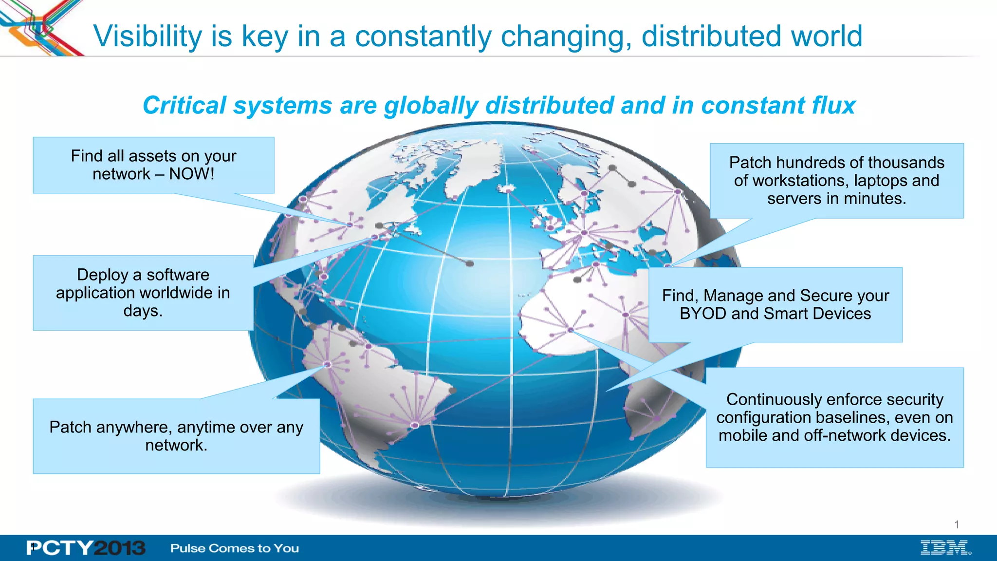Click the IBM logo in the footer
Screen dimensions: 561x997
(945, 548)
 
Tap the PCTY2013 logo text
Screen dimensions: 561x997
(86, 548)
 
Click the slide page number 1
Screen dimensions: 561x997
(957, 524)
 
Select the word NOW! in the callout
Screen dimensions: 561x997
(191, 174)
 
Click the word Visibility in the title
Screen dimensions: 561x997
(148, 37)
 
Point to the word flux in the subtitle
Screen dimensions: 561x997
(833, 105)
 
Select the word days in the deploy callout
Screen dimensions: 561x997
(141, 311)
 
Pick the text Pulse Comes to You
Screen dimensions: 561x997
(235, 548)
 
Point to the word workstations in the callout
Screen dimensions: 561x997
(799, 181)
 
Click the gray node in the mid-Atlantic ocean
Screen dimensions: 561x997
(469, 263)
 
